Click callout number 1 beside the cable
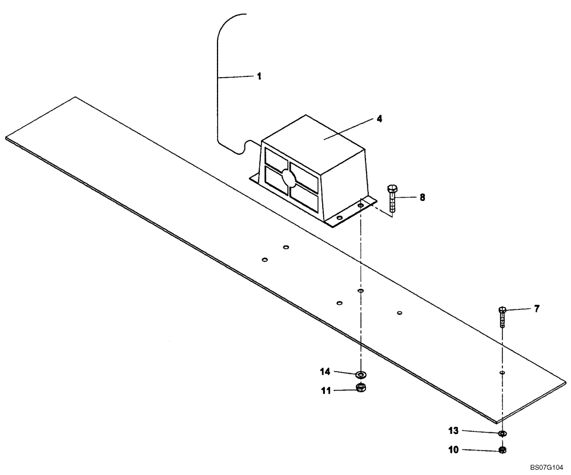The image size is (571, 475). coord(259,76)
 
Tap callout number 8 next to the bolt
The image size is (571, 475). coord(422,197)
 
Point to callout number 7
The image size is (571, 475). coord(537,309)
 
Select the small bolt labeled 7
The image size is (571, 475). coord(502,316)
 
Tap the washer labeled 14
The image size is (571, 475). coord(360,375)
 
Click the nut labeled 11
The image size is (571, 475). coord(360,388)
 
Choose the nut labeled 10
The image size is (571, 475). coord(502,450)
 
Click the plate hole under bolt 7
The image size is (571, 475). coord(502,373)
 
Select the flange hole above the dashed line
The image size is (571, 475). coord(361,204)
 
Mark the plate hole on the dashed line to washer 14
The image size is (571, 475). coord(360,291)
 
